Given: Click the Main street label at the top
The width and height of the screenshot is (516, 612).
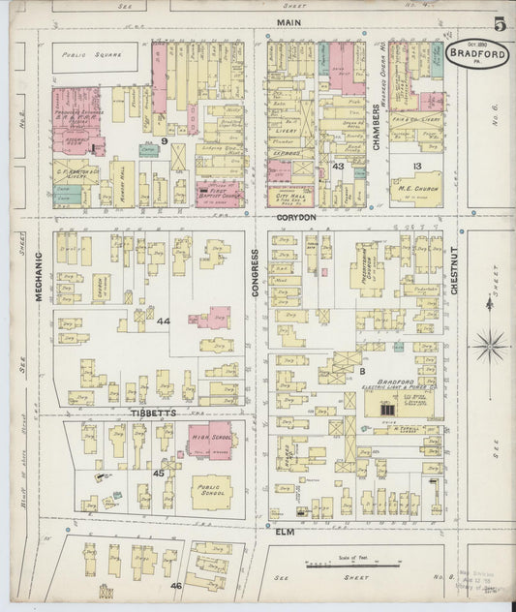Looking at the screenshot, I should [287, 20].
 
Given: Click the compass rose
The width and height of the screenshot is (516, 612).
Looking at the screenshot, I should [491, 344].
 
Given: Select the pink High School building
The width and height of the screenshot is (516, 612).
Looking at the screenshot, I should [209, 442].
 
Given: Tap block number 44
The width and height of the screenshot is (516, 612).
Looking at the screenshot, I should [164, 321].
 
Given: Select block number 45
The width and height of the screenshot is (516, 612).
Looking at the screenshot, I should [158, 473].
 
